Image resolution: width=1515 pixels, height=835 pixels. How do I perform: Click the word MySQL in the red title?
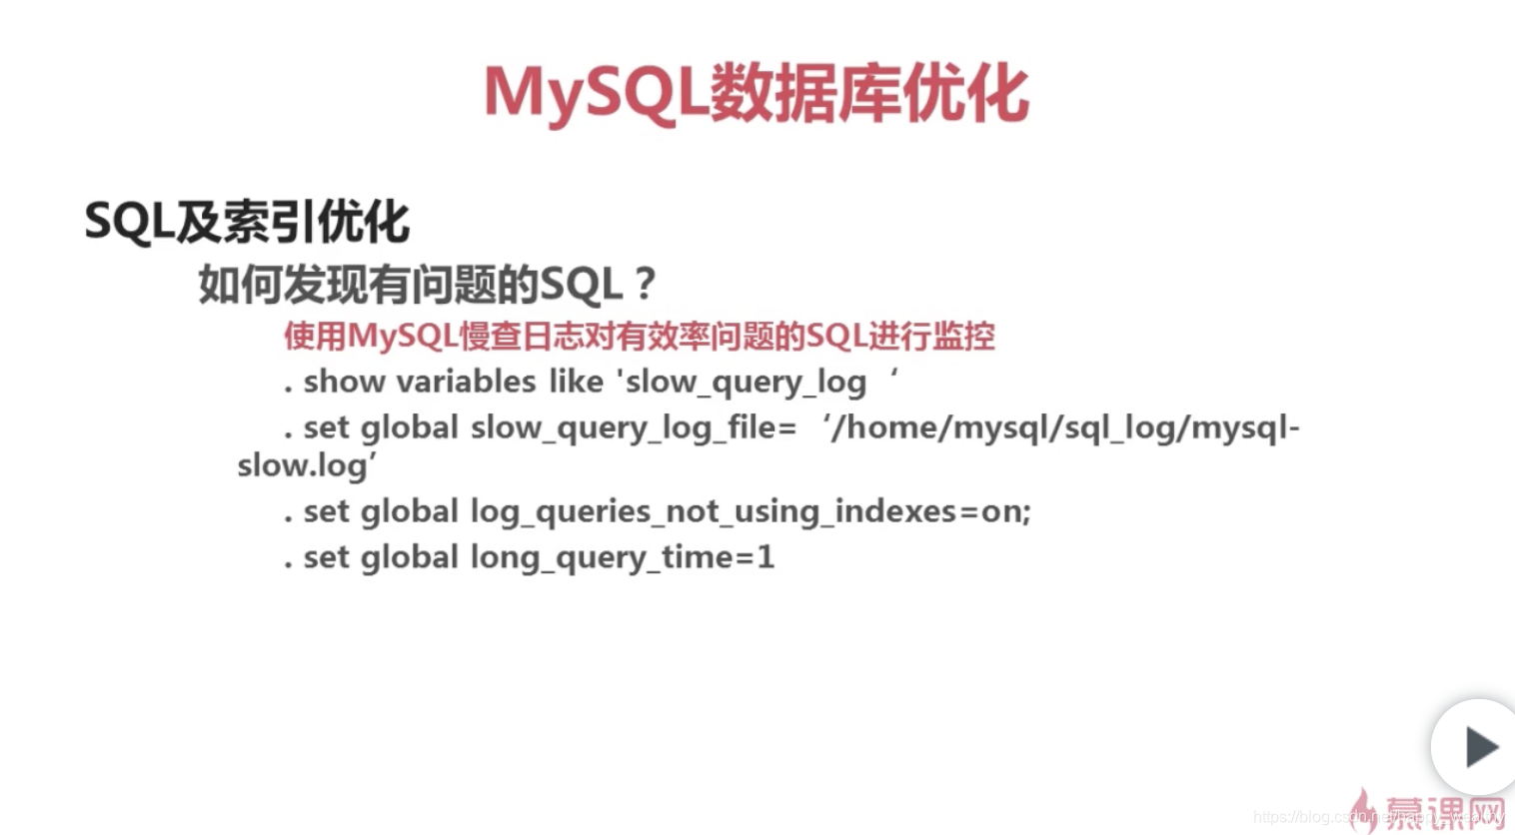click(x=596, y=94)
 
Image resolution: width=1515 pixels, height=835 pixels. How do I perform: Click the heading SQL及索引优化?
click(x=247, y=221)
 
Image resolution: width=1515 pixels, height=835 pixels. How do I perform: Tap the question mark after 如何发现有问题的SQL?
click(x=645, y=285)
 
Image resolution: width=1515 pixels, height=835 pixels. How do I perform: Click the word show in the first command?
click(x=344, y=382)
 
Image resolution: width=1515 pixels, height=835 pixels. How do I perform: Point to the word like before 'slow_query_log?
click(x=576, y=382)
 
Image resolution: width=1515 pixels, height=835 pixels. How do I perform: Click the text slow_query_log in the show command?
click(x=746, y=383)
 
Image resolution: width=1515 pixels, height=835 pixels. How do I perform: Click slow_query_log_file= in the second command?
click(x=634, y=428)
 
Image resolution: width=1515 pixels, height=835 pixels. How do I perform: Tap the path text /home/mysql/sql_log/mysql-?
click(x=1065, y=428)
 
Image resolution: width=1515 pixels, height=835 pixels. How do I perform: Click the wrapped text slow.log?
click(x=303, y=465)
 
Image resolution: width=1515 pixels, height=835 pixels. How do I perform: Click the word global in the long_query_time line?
click(x=409, y=557)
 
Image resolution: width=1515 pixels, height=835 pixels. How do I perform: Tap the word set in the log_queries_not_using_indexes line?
click(x=327, y=512)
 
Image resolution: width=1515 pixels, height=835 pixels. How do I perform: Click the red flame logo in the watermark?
click(x=1362, y=809)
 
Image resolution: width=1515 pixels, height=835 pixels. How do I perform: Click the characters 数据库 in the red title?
click(x=805, y=94)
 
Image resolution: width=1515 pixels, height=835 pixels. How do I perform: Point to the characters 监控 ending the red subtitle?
click(x=963, y=336)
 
